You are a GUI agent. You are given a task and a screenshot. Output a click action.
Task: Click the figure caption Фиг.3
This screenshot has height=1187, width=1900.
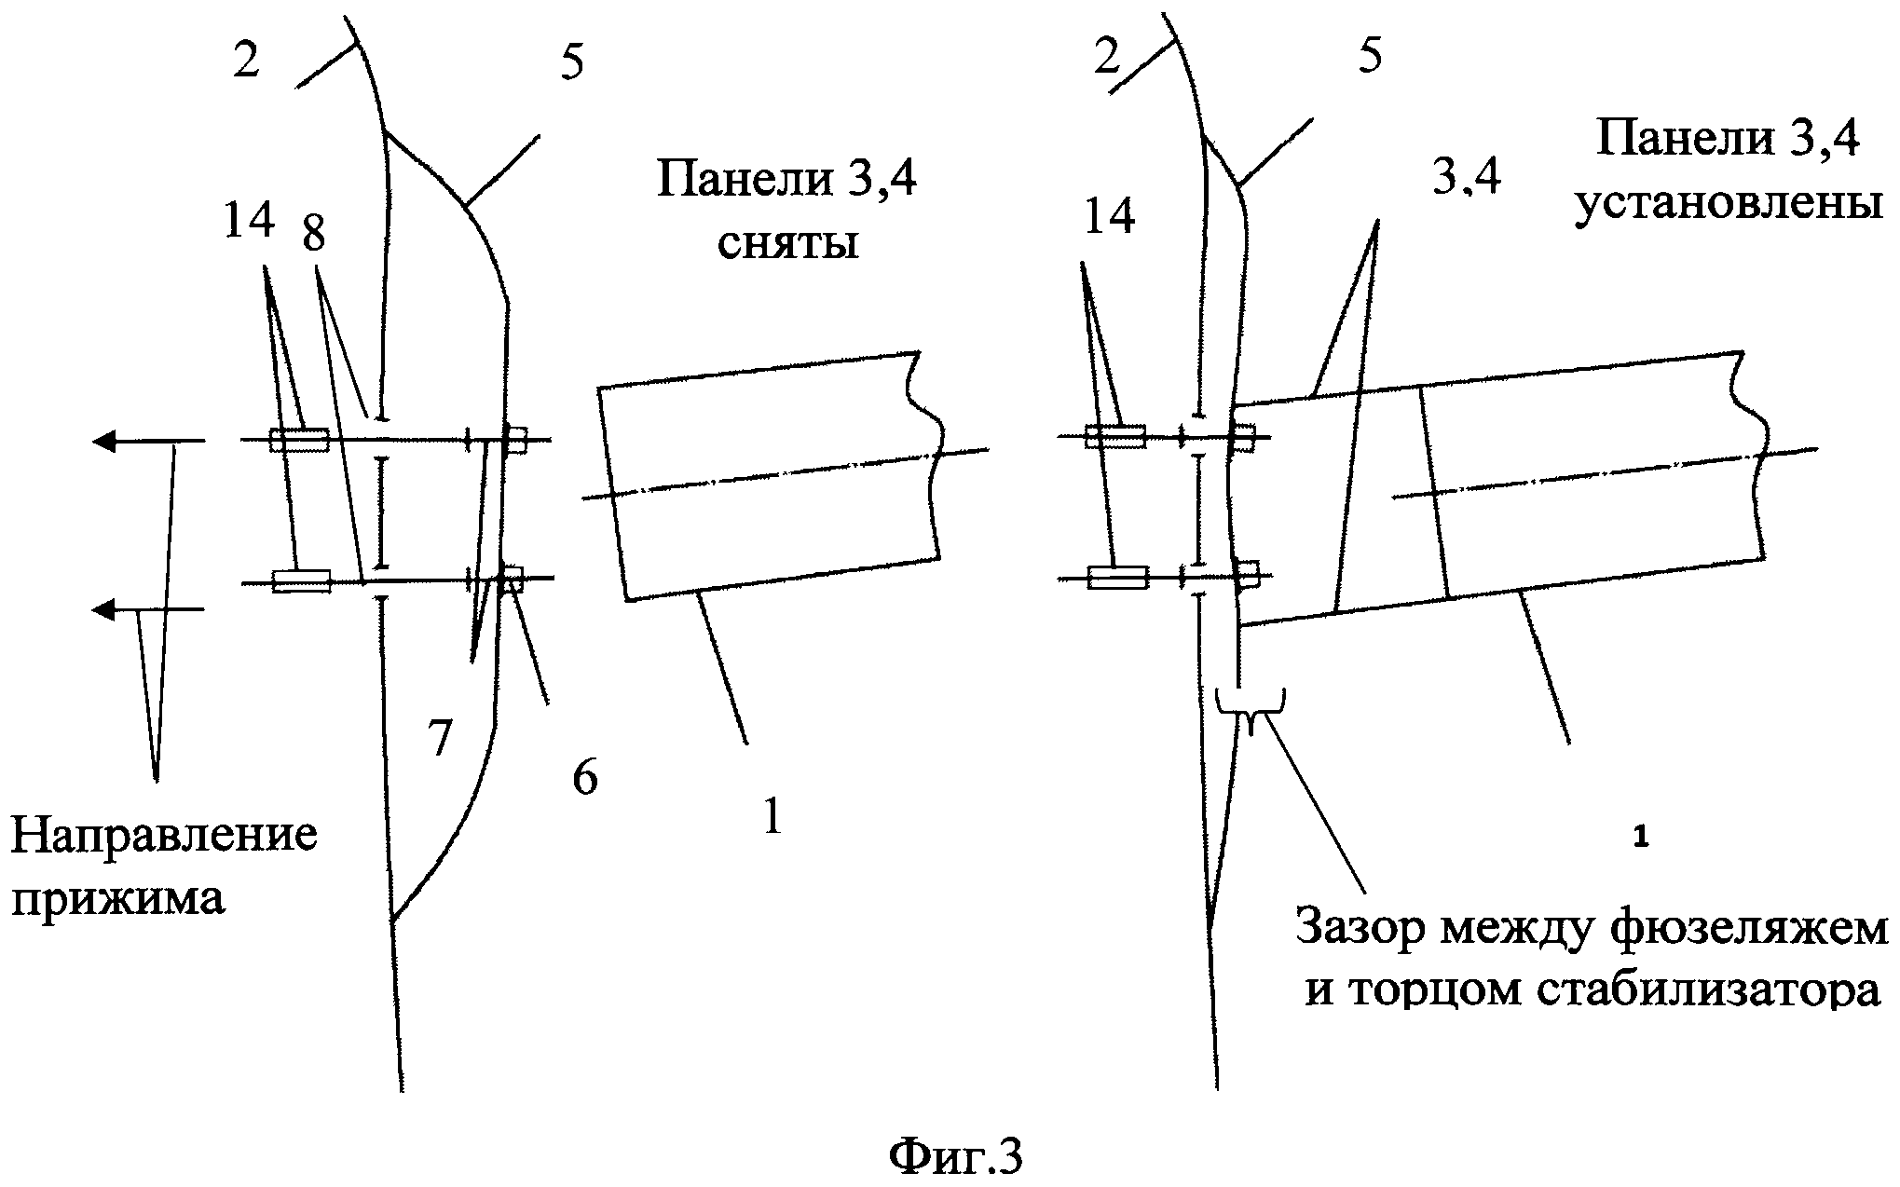[955, 1155]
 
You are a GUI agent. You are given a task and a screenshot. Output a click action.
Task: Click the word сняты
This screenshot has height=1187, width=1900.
[787, 244]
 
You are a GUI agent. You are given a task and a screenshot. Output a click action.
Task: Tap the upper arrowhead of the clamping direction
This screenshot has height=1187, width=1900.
[103, 441]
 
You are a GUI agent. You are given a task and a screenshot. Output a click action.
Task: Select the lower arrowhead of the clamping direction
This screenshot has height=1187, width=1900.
[103, 610]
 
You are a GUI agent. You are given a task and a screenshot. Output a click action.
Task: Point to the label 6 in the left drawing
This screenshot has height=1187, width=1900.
[584, 778]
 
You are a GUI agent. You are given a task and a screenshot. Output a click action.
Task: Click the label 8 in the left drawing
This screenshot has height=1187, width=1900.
[314, 233]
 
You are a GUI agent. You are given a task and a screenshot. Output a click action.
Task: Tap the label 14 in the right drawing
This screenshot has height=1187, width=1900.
[1109, 216]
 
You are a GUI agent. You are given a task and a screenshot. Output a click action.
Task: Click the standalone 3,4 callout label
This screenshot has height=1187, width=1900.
[1466, 175]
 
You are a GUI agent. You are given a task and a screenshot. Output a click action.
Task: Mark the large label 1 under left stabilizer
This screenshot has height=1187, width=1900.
[772, 817]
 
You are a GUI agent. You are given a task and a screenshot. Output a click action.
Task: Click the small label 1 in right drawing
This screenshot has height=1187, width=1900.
[1641, 839]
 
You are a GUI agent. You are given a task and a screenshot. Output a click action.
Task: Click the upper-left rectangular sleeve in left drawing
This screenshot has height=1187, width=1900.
[299, 440]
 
